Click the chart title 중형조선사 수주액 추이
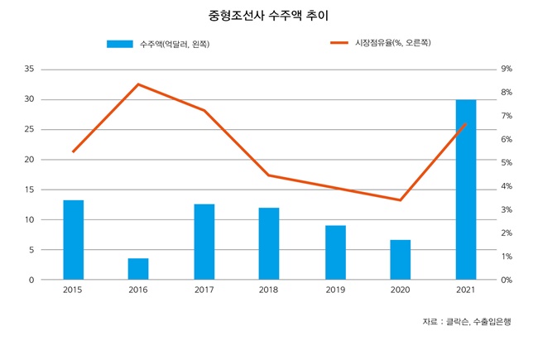click(269, 16)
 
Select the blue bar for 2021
click(466, 190)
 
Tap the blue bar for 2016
click(138, 269)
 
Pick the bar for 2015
click(74, 240)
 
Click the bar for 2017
click(204, 242)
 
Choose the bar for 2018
click(269, 243)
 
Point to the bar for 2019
click(335, 252)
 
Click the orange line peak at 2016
click(138, 84)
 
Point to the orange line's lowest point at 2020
click(401, 200)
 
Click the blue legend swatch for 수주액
click(121, 44)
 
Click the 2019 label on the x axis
click(335, 290)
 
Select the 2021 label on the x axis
click(466, 290)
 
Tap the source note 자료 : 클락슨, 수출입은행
click(466, 321)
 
